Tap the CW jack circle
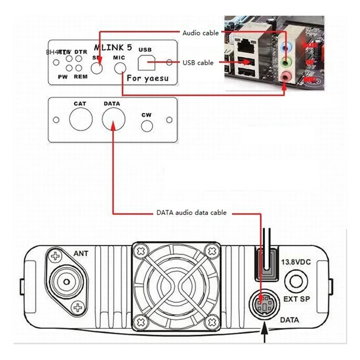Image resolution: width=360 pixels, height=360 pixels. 146,126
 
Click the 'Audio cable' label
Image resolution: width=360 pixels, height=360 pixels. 200,33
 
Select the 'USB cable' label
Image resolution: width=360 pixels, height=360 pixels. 198,63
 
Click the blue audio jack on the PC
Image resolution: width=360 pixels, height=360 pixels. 284,46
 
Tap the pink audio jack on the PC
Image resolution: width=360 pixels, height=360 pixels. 285,77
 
